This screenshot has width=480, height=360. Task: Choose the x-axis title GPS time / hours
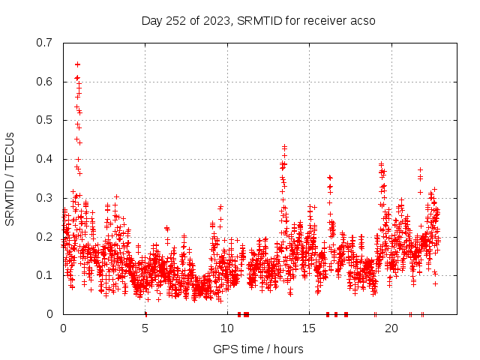coord(258,349)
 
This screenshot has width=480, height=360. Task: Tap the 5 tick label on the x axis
coord(145,328)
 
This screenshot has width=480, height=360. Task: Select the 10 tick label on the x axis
coord(227,328)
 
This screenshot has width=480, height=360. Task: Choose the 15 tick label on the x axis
coord(310,328)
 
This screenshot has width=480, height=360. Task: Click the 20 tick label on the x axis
coord(391,328)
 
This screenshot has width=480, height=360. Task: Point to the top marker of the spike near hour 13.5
coord(284,147)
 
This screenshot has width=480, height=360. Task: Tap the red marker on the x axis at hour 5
coord(145,314)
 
